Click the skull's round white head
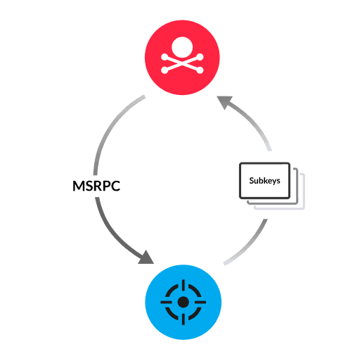click(x=182, y=49)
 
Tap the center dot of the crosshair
click(x=183, y=302)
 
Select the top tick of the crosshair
click(x=183, y=285)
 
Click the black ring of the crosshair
click(x=174, y=293)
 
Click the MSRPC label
click(x=96, y=186)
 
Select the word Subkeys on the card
click(x=265, y=181)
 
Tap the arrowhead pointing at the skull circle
click(x=225, y=104)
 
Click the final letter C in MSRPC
click(x=115, y=186)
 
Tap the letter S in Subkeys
click(x=252, y=181)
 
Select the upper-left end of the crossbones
click(x=165, y=56)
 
